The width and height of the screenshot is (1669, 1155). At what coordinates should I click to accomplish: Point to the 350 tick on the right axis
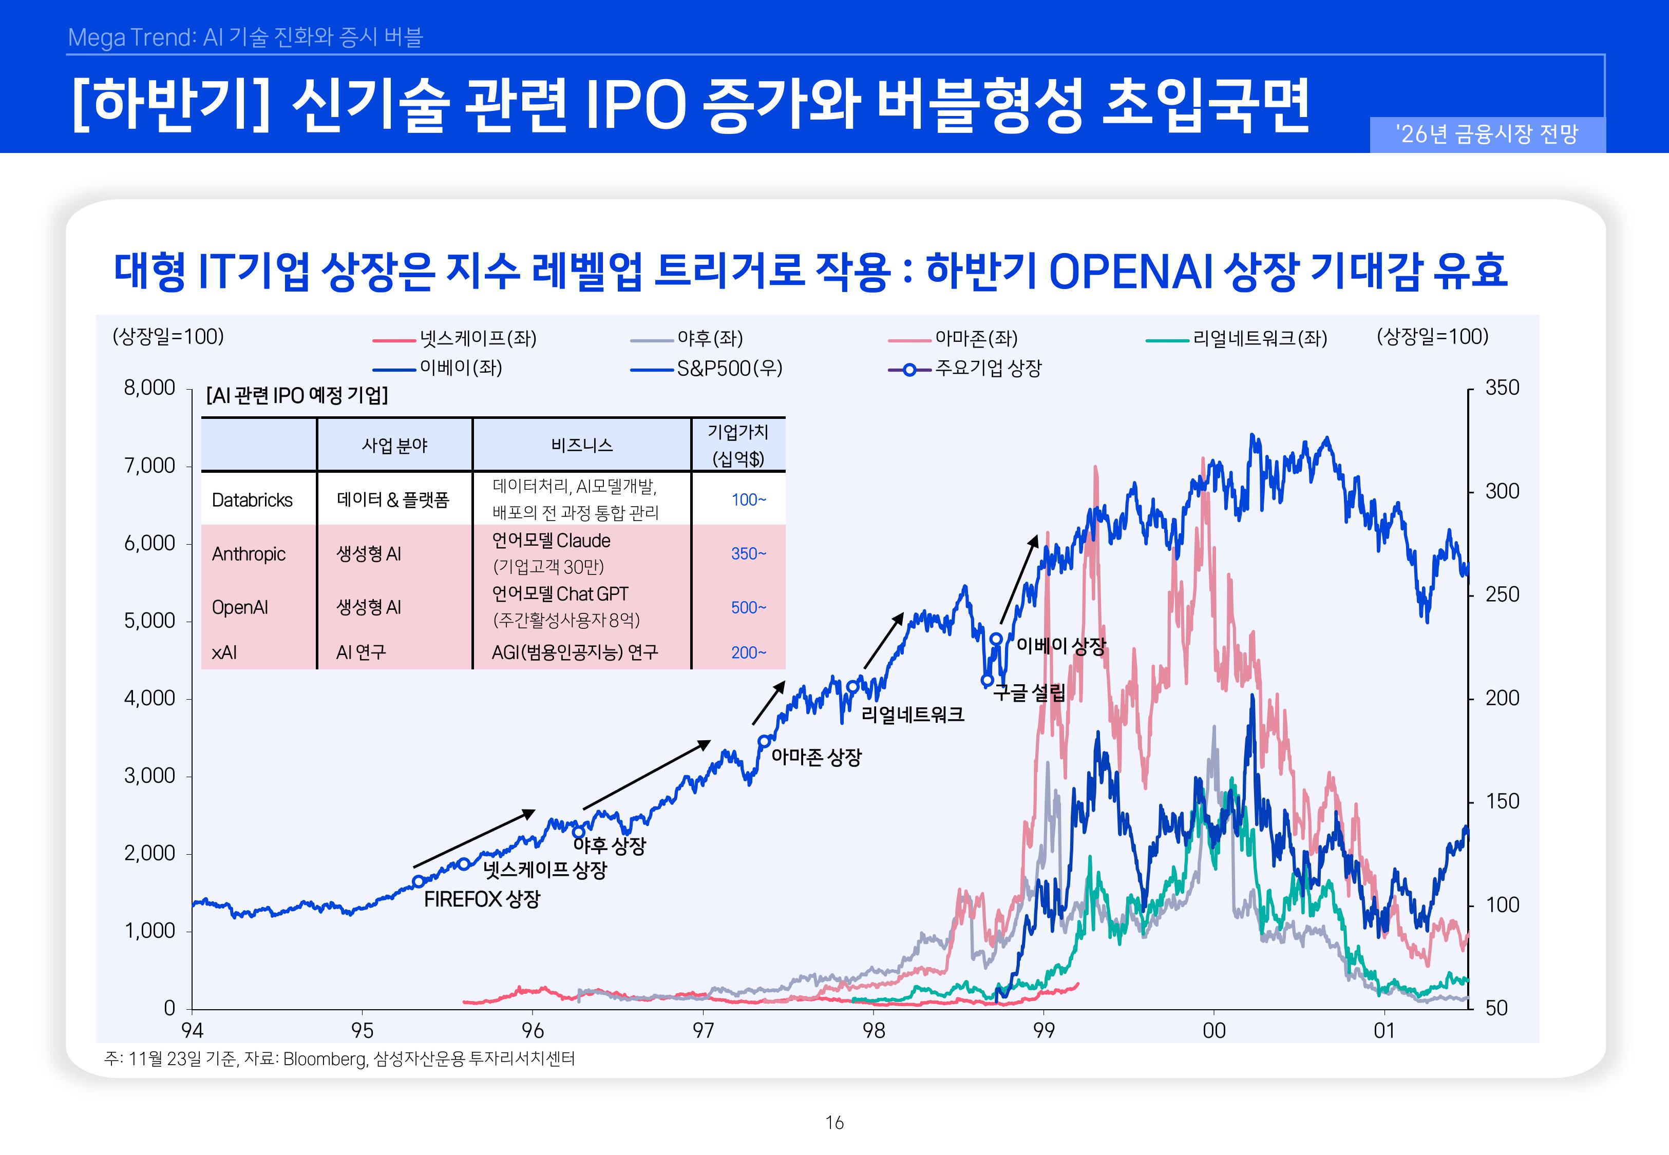click(x=1502, y=388)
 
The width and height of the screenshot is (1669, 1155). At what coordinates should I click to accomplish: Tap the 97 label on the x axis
click(x=703, y=1031)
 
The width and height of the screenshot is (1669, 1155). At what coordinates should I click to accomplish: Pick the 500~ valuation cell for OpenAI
click(x=748, y=607)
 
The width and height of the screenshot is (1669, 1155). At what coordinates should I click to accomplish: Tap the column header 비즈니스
click(x=582, y=445)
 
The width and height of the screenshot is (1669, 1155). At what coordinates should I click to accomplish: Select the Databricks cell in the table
click(x=252, y=500)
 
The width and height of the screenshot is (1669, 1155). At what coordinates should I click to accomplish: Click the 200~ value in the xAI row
click(x=748, y=653)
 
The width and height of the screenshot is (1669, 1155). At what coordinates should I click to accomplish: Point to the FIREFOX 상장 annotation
click(x=482, y=899)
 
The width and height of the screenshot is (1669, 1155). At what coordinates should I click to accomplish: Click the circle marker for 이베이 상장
click(x=996, y=639)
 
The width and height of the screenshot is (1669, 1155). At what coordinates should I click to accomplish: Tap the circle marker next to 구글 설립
click(x=987, y=680)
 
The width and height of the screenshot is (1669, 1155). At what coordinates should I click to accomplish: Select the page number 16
click(x=834, y=1123)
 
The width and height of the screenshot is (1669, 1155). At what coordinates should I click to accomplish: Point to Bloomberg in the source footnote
click(x=324, y=1058)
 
